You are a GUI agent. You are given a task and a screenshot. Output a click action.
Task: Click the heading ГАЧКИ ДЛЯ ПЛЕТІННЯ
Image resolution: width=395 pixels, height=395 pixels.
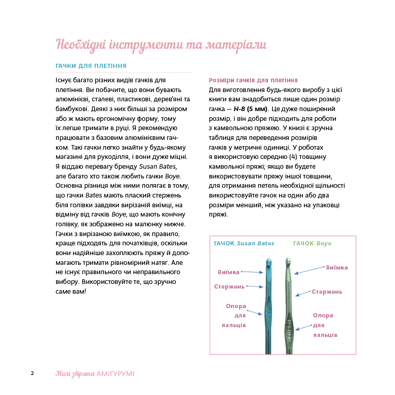(x=91, y=66)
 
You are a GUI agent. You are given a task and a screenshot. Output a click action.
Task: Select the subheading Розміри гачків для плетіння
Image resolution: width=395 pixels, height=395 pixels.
(x=253, y=80)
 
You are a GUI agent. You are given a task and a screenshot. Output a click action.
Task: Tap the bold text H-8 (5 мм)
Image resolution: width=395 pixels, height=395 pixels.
(x=250, y=109)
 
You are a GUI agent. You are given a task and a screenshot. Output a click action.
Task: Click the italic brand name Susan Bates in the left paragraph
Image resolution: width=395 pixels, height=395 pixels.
(x=157, y=167)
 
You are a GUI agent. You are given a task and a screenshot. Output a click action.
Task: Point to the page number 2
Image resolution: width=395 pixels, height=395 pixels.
(x=32, y=373)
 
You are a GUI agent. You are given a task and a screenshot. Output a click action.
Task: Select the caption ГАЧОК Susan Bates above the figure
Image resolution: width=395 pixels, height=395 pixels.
(x=244, y=243)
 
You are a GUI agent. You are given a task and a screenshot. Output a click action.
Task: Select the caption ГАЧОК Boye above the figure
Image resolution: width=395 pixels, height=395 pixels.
(x=312, y=243)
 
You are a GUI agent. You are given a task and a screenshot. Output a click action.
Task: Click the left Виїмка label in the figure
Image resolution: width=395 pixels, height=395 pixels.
(x=228, y=271)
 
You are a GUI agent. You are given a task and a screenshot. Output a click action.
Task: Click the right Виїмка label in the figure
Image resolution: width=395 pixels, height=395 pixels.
(x=337, y=267)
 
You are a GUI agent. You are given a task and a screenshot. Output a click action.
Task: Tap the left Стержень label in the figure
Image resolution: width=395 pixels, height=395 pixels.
(x=229, y=286)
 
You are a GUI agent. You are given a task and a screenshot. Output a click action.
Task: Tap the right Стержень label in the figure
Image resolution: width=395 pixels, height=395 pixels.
(x=327, y=292)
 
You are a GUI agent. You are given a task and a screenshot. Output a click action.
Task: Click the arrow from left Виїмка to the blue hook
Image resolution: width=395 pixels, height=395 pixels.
(x=253, y=272)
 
